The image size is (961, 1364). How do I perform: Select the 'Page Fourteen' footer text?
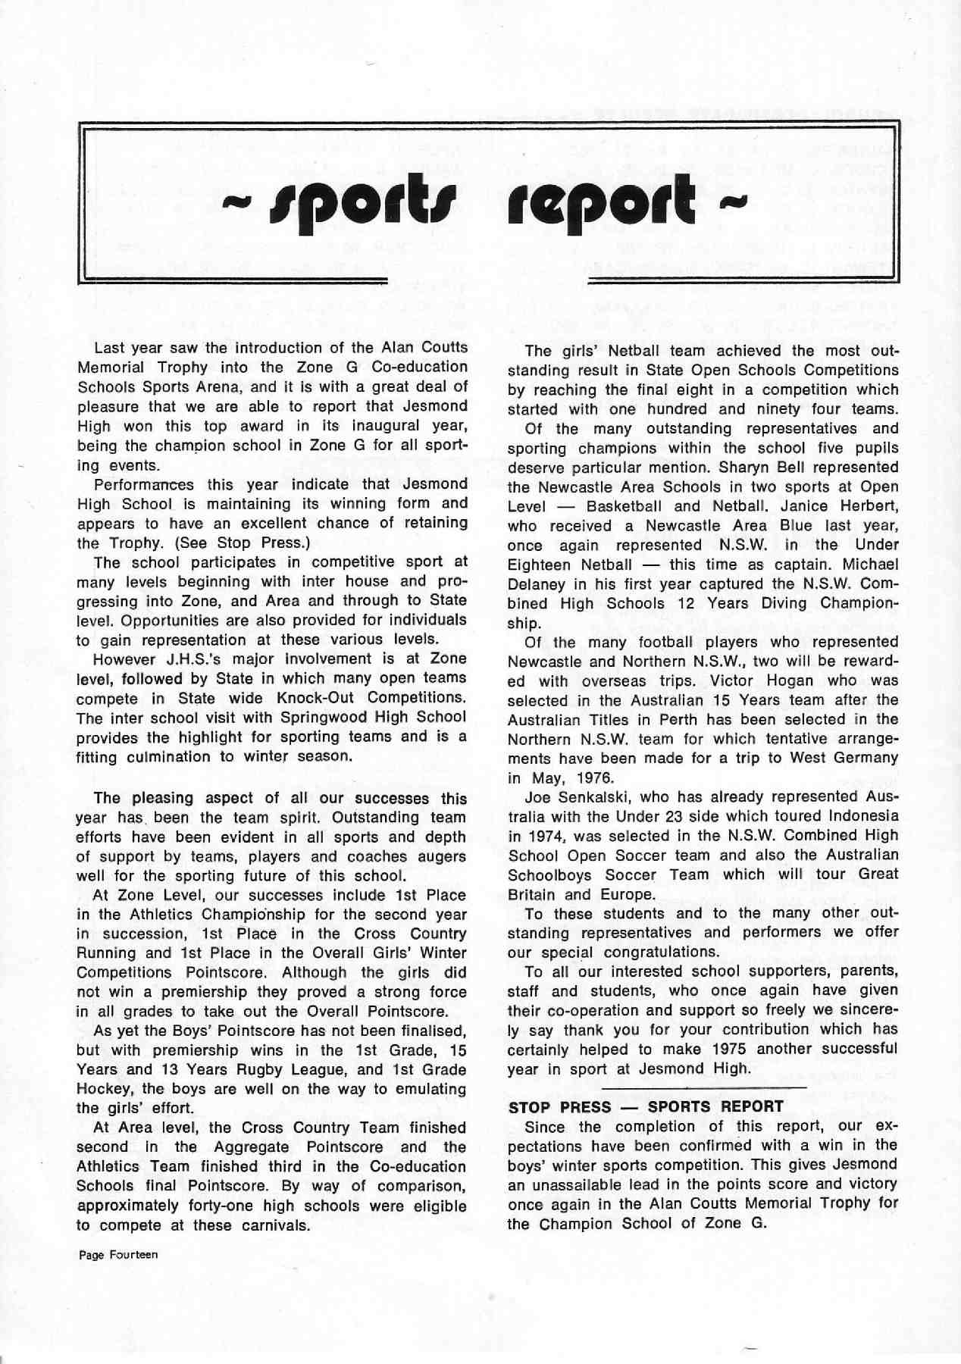[x=118, y=1254]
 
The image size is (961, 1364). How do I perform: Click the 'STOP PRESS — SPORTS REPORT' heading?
[x=646, y=1106]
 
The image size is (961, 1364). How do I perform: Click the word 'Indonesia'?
[x=858, y=816]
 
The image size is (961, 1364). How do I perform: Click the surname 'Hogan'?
[x=761, y=680]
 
